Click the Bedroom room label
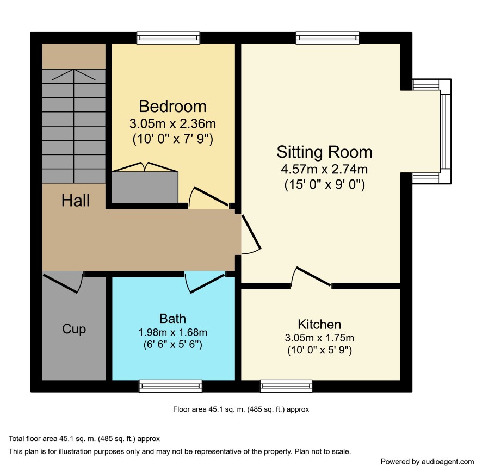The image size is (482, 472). (172, 107)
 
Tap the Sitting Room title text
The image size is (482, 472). (324, 152)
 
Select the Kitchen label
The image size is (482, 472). (319, 324)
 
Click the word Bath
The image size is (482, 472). (172, 318)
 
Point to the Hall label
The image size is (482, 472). (75, 200)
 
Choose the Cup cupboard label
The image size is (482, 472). (74, 329)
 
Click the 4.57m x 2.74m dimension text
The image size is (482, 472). (324, 169)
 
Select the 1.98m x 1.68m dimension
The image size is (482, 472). (172, 332)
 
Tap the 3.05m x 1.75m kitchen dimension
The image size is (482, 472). (319, 338)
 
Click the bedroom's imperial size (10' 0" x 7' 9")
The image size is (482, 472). (172, 139)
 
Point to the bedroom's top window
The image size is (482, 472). (168, 38)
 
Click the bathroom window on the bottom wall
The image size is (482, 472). (171, 386)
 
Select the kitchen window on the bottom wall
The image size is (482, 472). (286, 386)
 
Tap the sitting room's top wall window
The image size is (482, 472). (327, 38)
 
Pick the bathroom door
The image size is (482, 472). (205, 283)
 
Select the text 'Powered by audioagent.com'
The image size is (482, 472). (427, 462)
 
